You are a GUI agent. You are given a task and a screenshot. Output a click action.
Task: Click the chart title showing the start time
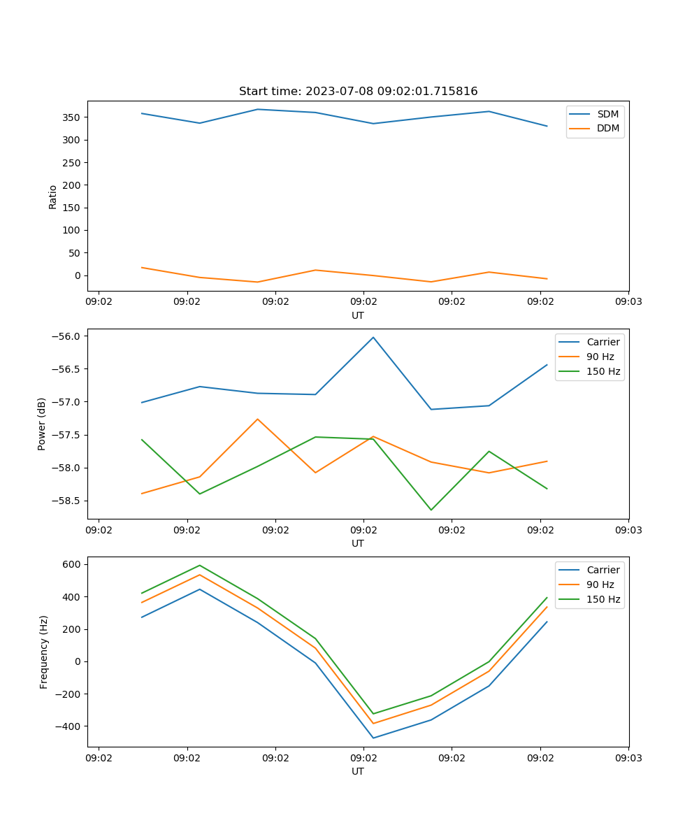[x=358, y=92]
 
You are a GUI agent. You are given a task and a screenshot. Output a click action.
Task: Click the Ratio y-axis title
[x=53, y=196]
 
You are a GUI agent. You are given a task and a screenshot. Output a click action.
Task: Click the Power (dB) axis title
[x=42, y=424]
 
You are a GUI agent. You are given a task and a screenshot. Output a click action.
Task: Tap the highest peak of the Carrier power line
[x=373, y=337]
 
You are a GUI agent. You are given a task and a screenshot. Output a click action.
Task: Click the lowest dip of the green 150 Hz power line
[x=431, y=510]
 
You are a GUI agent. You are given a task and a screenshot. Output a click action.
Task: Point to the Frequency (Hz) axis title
[x=44, y=652]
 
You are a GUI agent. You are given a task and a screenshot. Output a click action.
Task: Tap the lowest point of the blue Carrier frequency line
[x=373, y=738]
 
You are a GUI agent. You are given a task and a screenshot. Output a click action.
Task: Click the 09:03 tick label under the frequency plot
[x=628, y=757]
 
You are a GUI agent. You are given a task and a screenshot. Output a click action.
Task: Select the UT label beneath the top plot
[x=358, y=315]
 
